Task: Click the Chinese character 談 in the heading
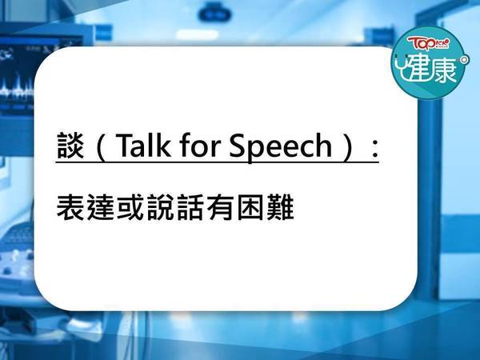tap(70, 146)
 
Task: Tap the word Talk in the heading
tap(143, 145)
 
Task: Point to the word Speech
tap(281, 147)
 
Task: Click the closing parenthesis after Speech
tap(349, 146)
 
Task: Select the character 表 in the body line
tap(70, 207)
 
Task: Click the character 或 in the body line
tap(130, 207)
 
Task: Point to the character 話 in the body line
tap(190, 207)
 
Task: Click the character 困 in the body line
tap(250, 207)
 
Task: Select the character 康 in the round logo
tap(445, 69)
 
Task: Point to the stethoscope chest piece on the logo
tap(465, 59)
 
